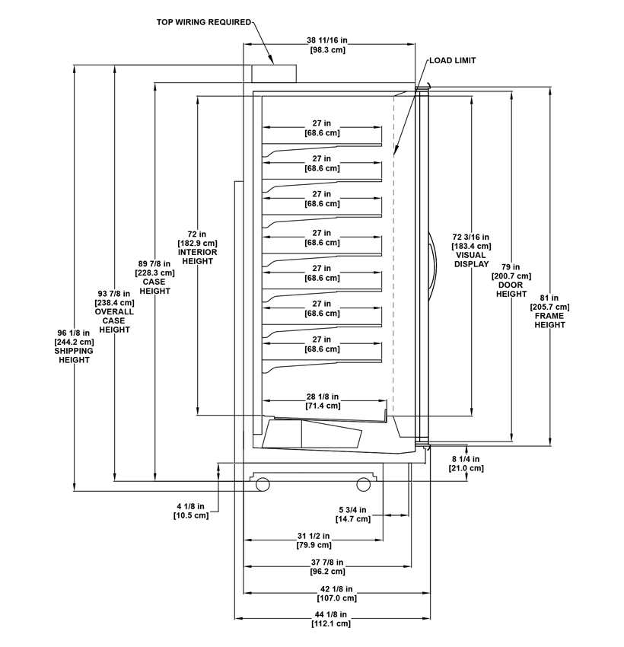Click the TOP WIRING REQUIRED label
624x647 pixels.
point(203,22)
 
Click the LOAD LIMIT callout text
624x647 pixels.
point(452,60)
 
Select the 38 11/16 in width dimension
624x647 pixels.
point(328,45)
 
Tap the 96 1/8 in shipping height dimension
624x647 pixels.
point(75,346)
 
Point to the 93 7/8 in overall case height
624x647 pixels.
point(113,311)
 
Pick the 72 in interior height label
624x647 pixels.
point(196,247)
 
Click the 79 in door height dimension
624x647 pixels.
point(511,280)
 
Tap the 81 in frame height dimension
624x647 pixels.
point(549,311)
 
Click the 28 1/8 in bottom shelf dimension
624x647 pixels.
point(324,401)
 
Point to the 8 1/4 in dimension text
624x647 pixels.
point(465,464)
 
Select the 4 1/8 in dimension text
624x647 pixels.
point(190,511)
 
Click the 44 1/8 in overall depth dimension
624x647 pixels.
point(331,618)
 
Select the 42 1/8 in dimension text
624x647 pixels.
point(339,593)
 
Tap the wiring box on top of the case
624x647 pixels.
point(273,73)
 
